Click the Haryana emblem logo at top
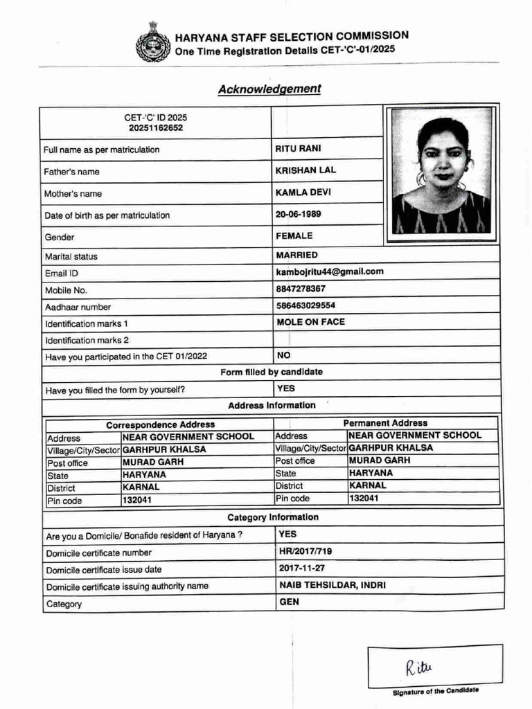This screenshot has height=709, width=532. (152, 42)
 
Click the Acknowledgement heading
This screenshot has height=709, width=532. (269, 89)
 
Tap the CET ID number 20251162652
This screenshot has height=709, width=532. (156, 128)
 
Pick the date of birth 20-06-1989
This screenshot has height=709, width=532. (299, 215)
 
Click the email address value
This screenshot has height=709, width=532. (329, 272)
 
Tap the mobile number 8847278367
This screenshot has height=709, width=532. (301, 289)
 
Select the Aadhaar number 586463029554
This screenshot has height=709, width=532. (305, 305)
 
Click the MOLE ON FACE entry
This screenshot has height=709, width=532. (310, 322)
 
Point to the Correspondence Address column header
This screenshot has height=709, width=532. (160, 424)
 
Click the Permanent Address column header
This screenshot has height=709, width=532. (385, 423)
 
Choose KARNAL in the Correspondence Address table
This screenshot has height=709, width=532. (141, 487)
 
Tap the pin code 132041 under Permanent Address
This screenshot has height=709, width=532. (364, 498)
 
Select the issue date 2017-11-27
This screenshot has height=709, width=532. (302, 568)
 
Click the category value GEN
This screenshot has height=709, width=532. (290, 602)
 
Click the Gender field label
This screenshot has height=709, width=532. (60, 237)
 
